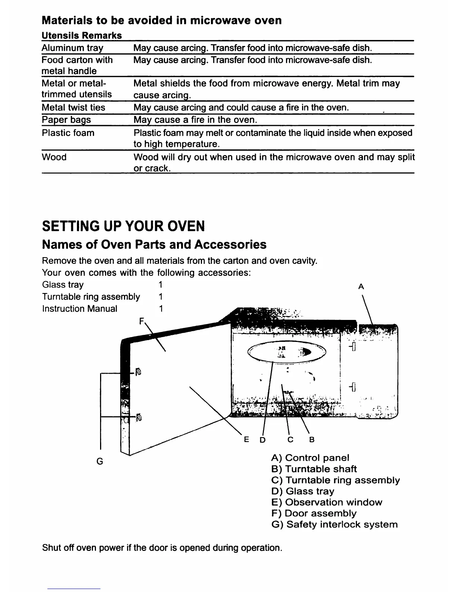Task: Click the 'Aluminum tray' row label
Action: [72, 48]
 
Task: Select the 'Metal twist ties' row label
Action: [74, 108]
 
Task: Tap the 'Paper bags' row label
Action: [66, 120]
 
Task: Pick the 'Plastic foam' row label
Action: [68, 133]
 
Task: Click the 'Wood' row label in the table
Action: [54, 157]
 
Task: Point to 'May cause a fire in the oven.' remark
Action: [196, 120]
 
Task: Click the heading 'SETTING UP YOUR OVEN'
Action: [124, 226]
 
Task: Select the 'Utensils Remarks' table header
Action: [82, 36]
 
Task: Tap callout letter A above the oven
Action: [361, 287]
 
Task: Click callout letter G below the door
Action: [100, 462]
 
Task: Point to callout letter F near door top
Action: [141, 321]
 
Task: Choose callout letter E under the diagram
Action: [246, 440]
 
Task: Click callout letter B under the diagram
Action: [312, 440]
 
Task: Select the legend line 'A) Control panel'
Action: [310, 458]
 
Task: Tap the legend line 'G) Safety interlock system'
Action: [335, 524]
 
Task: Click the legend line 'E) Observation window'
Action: [327, 502]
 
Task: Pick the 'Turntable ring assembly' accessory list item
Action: [91, 297]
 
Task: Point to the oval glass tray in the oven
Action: [287, 352]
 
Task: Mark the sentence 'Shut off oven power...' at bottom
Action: [162, 548]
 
